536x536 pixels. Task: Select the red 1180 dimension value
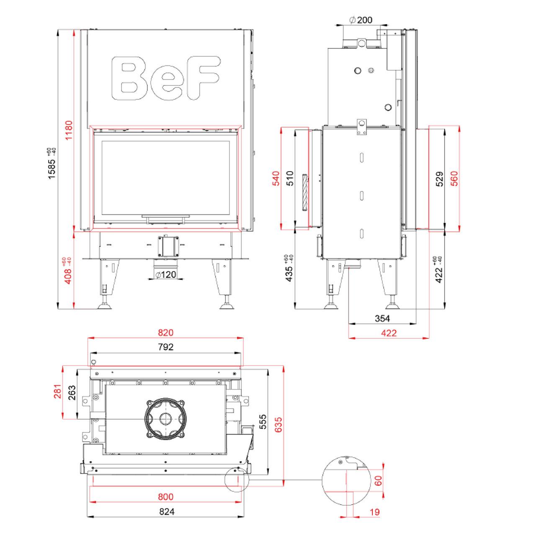pos(69,130)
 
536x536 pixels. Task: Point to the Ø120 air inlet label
pos(165,275)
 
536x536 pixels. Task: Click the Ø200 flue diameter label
pos(360,20)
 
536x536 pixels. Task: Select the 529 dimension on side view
pos(439,179)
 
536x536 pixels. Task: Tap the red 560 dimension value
pos(454,179)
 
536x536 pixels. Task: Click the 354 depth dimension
pos(382,318)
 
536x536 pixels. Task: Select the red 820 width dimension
pos(165,333)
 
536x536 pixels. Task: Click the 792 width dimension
pos(166,347)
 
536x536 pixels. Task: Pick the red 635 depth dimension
pos(278,425)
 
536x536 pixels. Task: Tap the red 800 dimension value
pos(166,497)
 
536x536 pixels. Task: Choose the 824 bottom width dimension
pos(166,511)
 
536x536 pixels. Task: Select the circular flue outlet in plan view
pos(165,419)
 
